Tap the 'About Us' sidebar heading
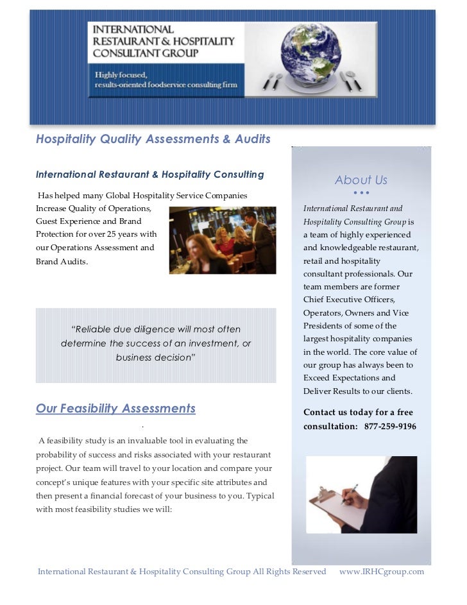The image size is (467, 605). coord(361,180)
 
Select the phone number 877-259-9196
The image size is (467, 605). coord(390,426)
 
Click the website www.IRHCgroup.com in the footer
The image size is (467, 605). coord(381,571)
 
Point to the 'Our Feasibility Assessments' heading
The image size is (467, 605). coord(115,409)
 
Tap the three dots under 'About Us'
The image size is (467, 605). coord(361,193)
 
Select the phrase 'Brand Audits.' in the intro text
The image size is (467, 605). coord(62,262)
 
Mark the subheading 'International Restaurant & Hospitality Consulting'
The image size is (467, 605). coord(149,175)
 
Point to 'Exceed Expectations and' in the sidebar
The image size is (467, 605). coord(350,379)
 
